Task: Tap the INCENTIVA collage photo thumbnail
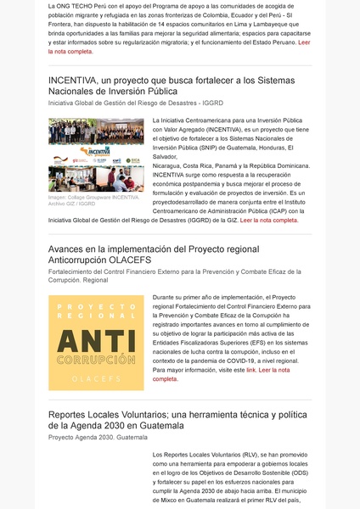click(x=96, y=154)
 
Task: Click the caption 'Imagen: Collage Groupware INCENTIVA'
click(x=94, y=197)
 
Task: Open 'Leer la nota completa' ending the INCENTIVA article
click(x=269, y=220)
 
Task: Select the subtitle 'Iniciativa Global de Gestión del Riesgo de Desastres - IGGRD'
click(x=135, y=103)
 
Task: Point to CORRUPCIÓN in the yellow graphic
click(x=96, y=360)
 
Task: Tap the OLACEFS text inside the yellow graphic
click(x=96, y=378)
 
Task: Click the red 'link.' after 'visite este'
click(x=251, y=370)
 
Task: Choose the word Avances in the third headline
click(x=70, y=249)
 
